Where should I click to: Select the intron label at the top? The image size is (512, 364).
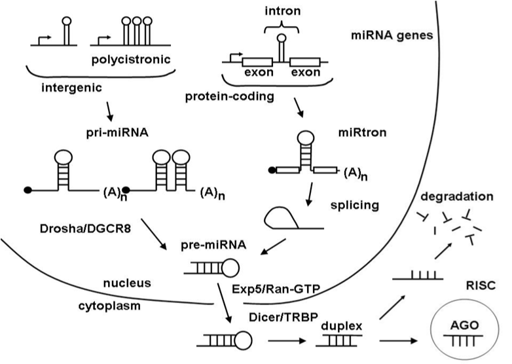tap(280, 9)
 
